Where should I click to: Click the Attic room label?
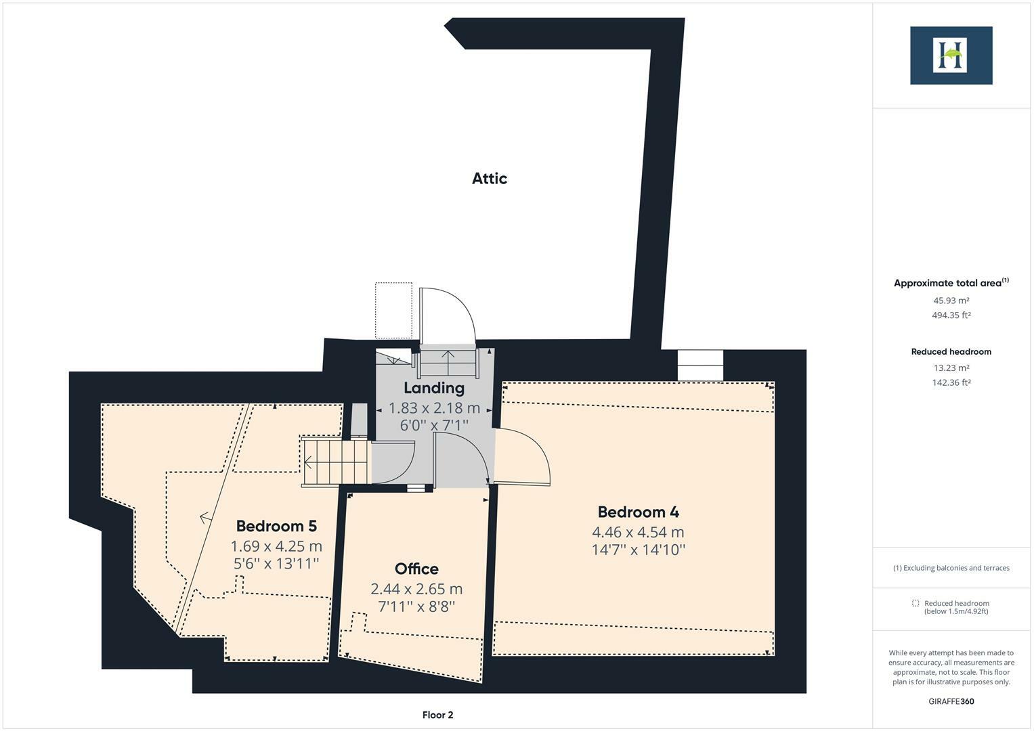[x=489, y=179]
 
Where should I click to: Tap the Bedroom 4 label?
[x=638, y=512]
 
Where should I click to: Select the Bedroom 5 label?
[x=276, y=526]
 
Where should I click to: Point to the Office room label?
[x=416, y=569]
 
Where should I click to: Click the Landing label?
[x=434, y=388]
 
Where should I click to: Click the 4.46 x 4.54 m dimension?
[x=638, y=532]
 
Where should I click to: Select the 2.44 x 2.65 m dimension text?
[x=416, y=589]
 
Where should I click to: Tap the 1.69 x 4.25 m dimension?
[x=276, y=546]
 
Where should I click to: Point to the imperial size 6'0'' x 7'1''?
[x=434, y=424]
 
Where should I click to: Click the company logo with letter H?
[x=951, y=56]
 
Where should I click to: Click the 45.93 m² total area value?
[x=951, y=301]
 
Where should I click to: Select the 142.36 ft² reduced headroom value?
[x=951, y=382]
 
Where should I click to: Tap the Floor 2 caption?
[x=437, y=715]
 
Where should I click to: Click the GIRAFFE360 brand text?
[x=951, y=701]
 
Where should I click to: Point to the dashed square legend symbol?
[x=915, y=603]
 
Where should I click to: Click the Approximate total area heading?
[x=951, y=283]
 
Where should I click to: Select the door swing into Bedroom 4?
[x=525, y=457]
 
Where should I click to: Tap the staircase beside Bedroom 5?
[x=336, y=462]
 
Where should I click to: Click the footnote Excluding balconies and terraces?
[x=951, y=568]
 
